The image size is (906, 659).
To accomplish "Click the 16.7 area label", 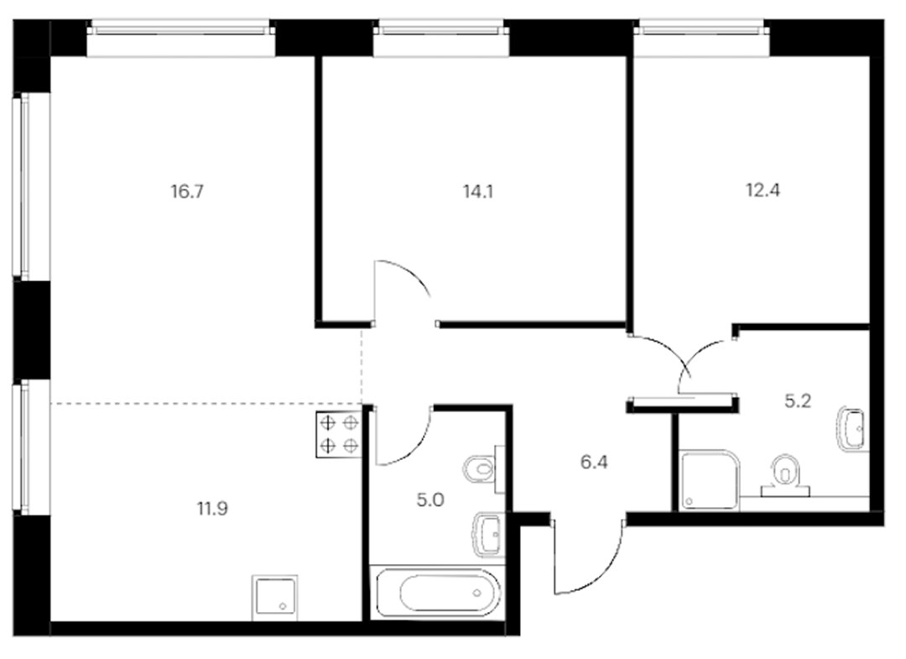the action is [x=187, y=191].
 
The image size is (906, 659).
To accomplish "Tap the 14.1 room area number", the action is [x=478, y=191].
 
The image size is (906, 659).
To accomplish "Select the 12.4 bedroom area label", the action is [x=763, y=190].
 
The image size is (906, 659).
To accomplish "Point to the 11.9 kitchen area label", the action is [x=212, y=510].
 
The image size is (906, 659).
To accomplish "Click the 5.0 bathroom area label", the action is [x=430, y=500].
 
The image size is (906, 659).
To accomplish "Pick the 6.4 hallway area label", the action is [x=594, y=463].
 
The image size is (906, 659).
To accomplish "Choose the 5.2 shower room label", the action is [x=798, y=400].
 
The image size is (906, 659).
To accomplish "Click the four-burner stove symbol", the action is [x=339, y=434].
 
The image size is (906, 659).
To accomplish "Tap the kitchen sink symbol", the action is [x=274, y=598].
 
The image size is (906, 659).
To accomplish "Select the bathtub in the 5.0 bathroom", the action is [x=438, y=593].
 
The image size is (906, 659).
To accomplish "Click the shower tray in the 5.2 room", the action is [x=710, y=480].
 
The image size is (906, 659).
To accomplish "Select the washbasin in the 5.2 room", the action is [x=852, y=428].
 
